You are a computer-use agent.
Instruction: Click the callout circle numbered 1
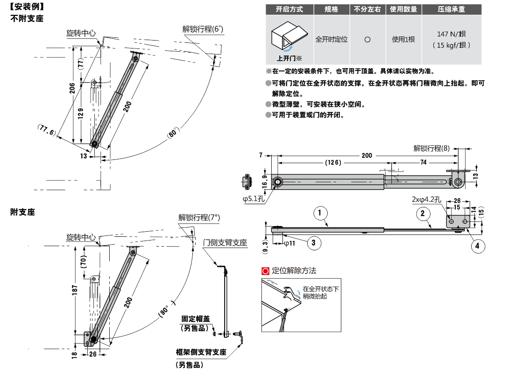(x=320, y=214)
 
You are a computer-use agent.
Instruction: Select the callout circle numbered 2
(x=423, y=214)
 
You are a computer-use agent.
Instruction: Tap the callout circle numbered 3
(x=314, y=242)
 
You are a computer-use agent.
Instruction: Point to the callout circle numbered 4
(x=478, y=246)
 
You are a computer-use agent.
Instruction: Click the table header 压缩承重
(x=452, y=9)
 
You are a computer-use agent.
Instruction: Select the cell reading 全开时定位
(x=332, y=40)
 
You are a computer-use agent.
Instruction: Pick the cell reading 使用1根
(x=403, y=40)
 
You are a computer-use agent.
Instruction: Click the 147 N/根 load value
(x=452, y=34)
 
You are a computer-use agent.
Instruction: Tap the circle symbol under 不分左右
(x=367, y=40)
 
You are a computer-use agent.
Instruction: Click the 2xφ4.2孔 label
(x=426, y=200)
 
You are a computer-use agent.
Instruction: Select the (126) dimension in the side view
(x=333, y=162)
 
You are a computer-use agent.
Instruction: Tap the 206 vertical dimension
(x=72, y=88)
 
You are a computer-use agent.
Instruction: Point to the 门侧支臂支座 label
(x=225, y=243)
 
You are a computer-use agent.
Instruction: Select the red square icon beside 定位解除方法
(x=266, y=270)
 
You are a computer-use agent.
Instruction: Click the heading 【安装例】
(x=27, y=7)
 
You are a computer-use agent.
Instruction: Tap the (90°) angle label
(x=166, y=308)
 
